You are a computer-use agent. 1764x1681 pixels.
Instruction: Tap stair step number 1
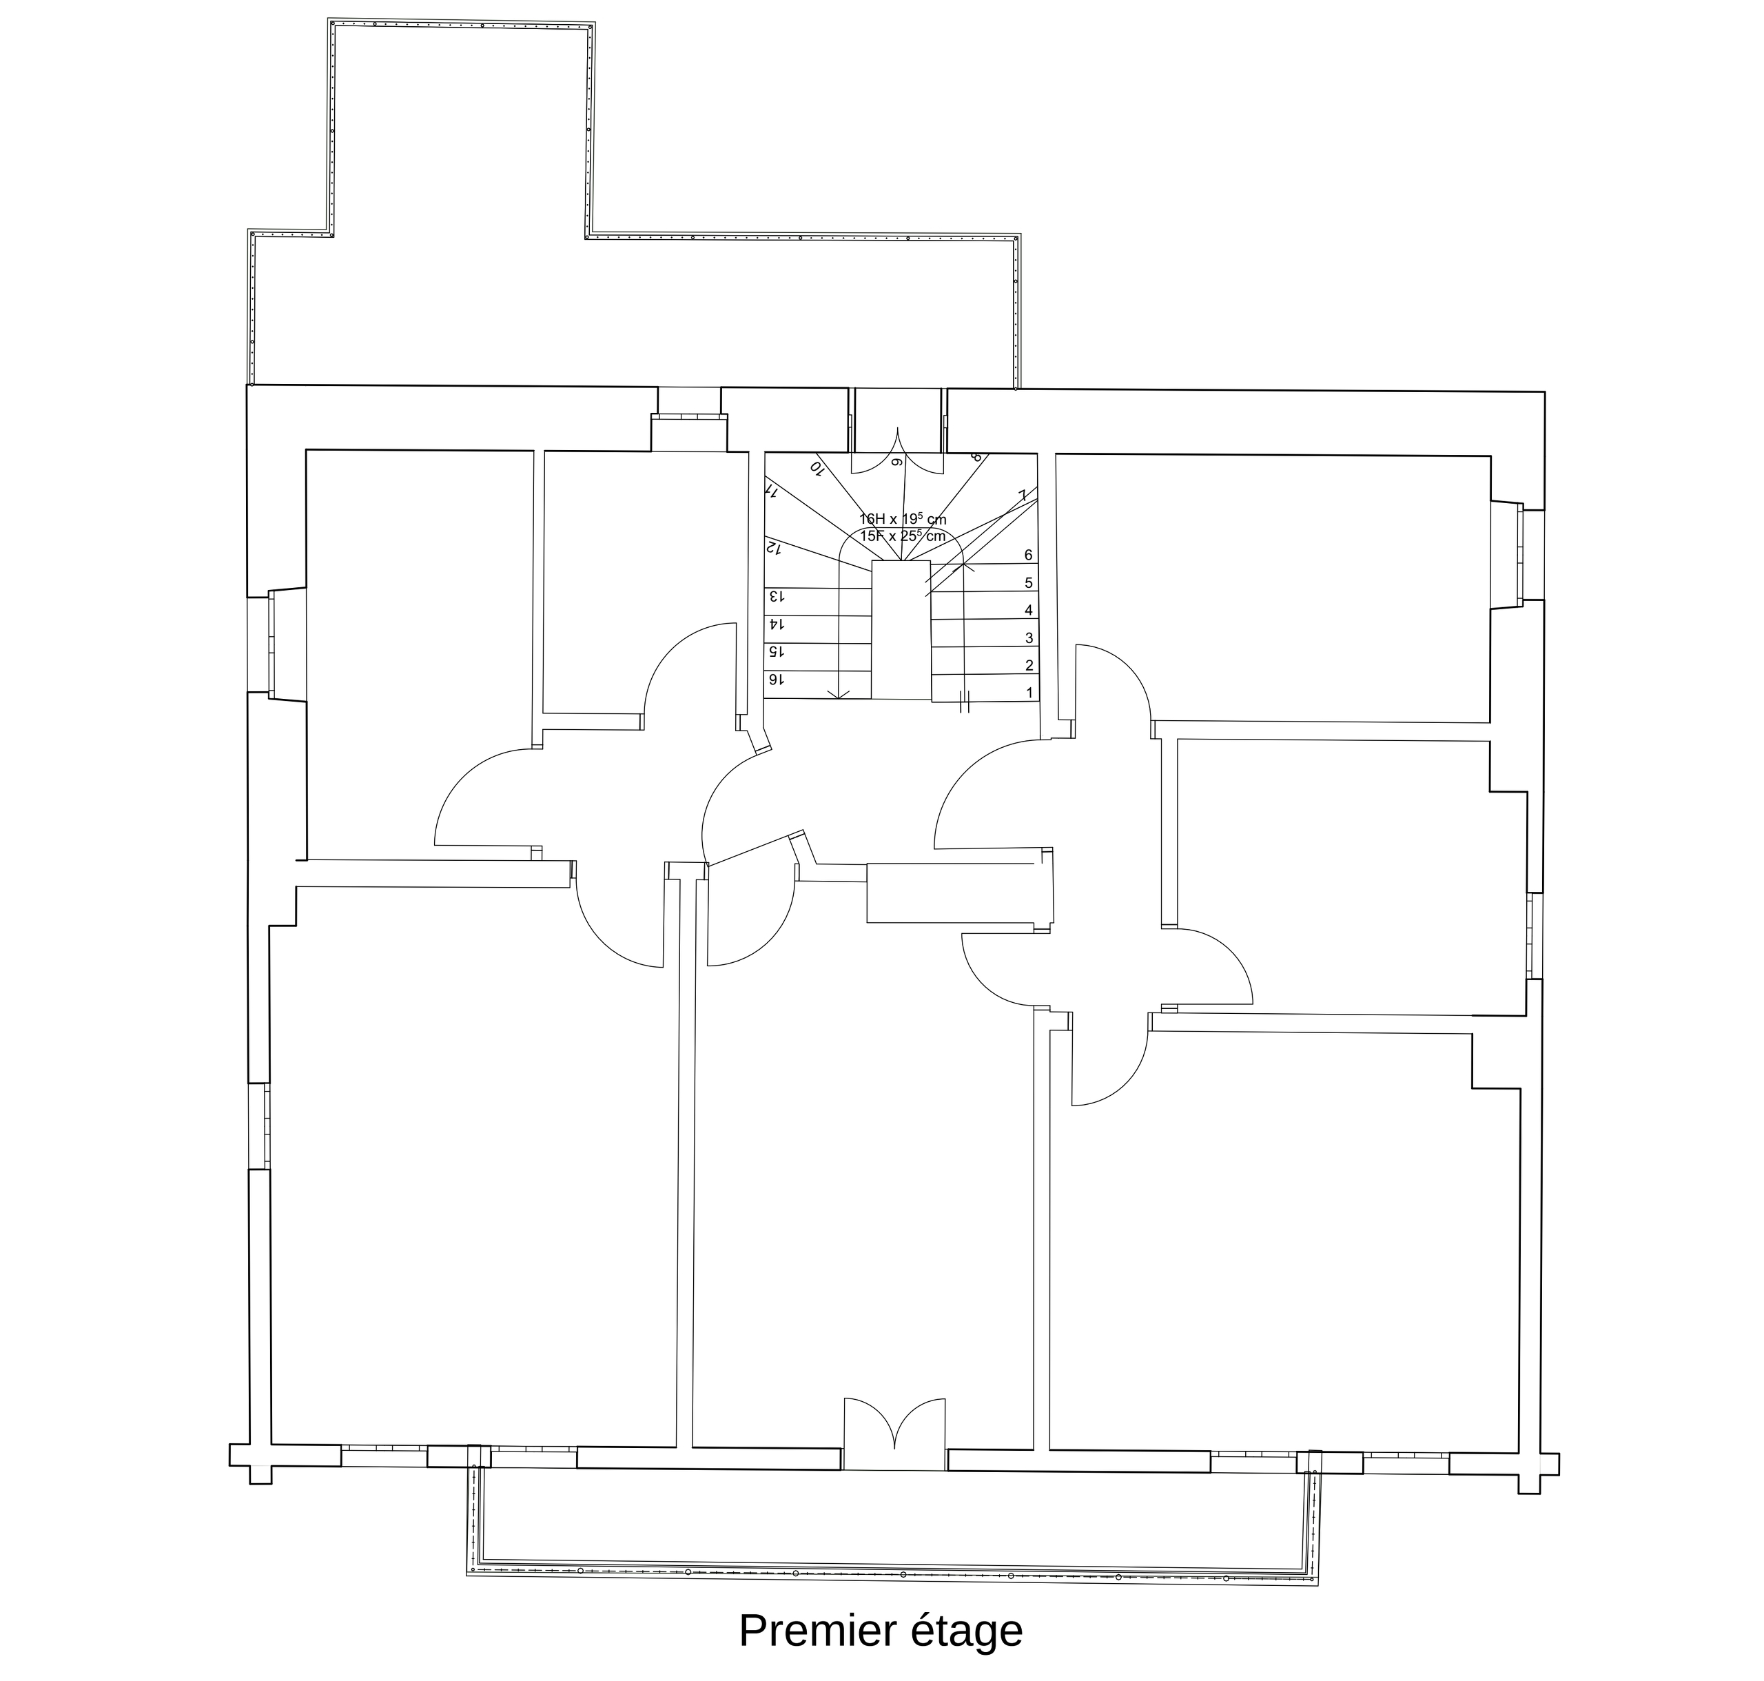(x=1029, y=693)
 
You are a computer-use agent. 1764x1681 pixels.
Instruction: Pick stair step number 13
(x=776, y=596)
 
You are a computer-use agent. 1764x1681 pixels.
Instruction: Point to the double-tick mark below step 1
(x=965, y=702)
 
